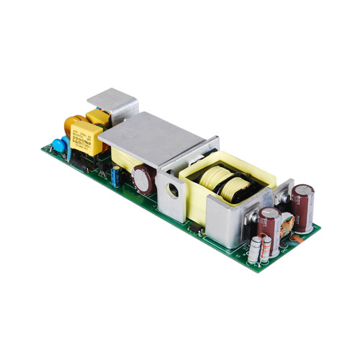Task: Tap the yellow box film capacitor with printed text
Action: (x=86, y=138)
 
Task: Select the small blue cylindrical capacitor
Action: (x=116, y=176)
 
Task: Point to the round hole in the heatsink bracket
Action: (x=173, y=193)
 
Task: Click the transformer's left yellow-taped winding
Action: (x=214, y=179)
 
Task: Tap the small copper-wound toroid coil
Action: (x=292, y=226)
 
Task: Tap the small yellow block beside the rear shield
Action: (x=96, y=118)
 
